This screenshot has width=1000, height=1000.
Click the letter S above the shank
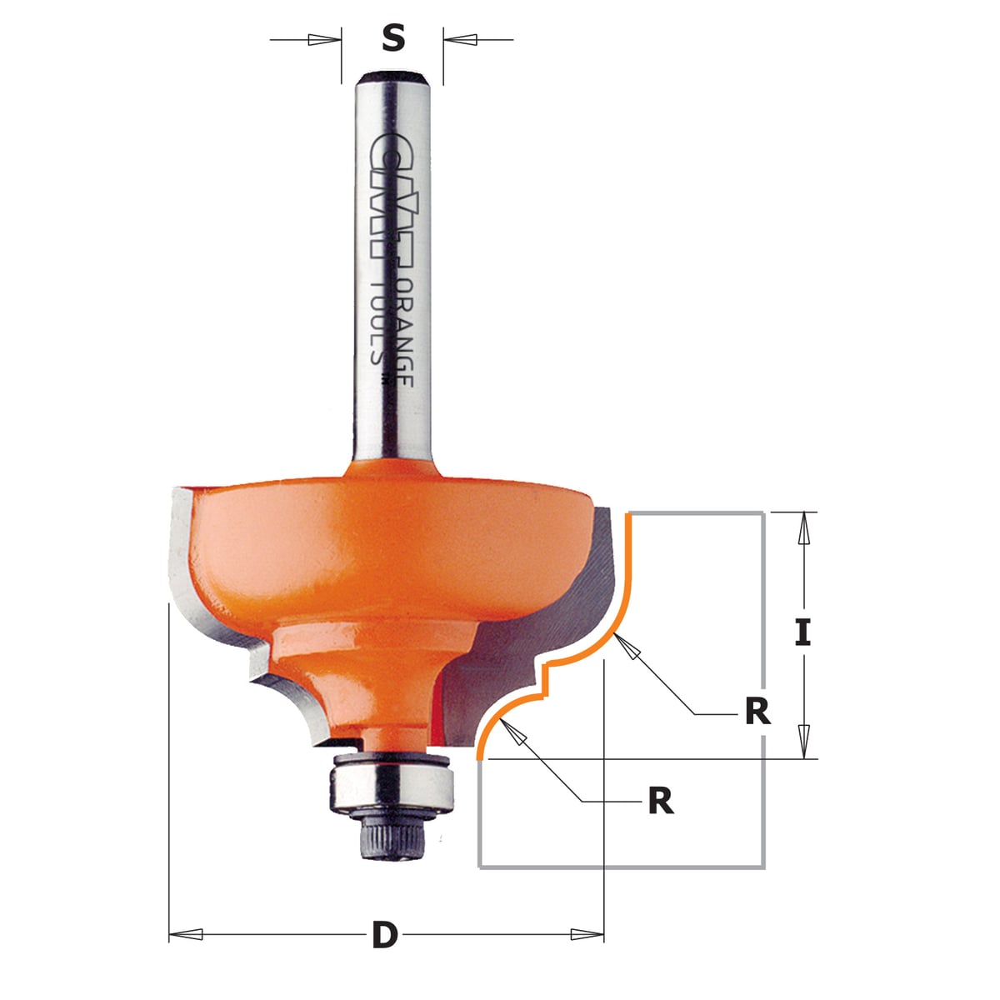392,38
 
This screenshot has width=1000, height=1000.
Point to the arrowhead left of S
321,39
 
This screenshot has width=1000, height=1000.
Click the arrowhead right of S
461,39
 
